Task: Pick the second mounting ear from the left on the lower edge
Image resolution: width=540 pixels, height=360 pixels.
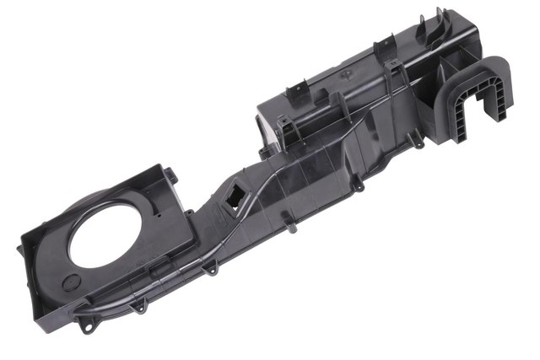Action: coord(138,306)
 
